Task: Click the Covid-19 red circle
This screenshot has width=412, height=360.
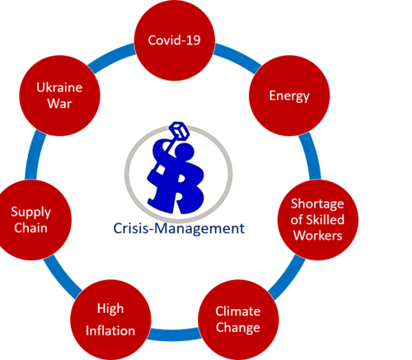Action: (175, 40)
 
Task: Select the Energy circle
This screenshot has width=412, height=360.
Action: (289, 96)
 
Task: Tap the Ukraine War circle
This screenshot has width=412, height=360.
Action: (59, 96)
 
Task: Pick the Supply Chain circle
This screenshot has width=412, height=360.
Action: (31, 220)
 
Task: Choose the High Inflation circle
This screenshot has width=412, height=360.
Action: (110, 320)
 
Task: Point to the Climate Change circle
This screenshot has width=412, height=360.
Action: (238, 320)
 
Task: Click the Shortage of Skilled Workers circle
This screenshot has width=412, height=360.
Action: (318, 220)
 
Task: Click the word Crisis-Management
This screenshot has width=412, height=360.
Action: (179, 228)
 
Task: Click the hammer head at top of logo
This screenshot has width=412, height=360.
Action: (179, 130)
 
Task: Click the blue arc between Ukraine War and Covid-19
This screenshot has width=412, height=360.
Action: (111, 56)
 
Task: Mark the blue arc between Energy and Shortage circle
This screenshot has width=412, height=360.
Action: (311, 156)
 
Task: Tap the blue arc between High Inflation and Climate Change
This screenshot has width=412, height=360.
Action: (175, 334)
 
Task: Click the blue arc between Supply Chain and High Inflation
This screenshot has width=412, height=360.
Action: (62, 277)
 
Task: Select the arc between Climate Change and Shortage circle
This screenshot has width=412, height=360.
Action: (288, 277)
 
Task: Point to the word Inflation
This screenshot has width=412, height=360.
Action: (110, 330)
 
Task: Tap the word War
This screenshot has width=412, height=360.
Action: (59, 104)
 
